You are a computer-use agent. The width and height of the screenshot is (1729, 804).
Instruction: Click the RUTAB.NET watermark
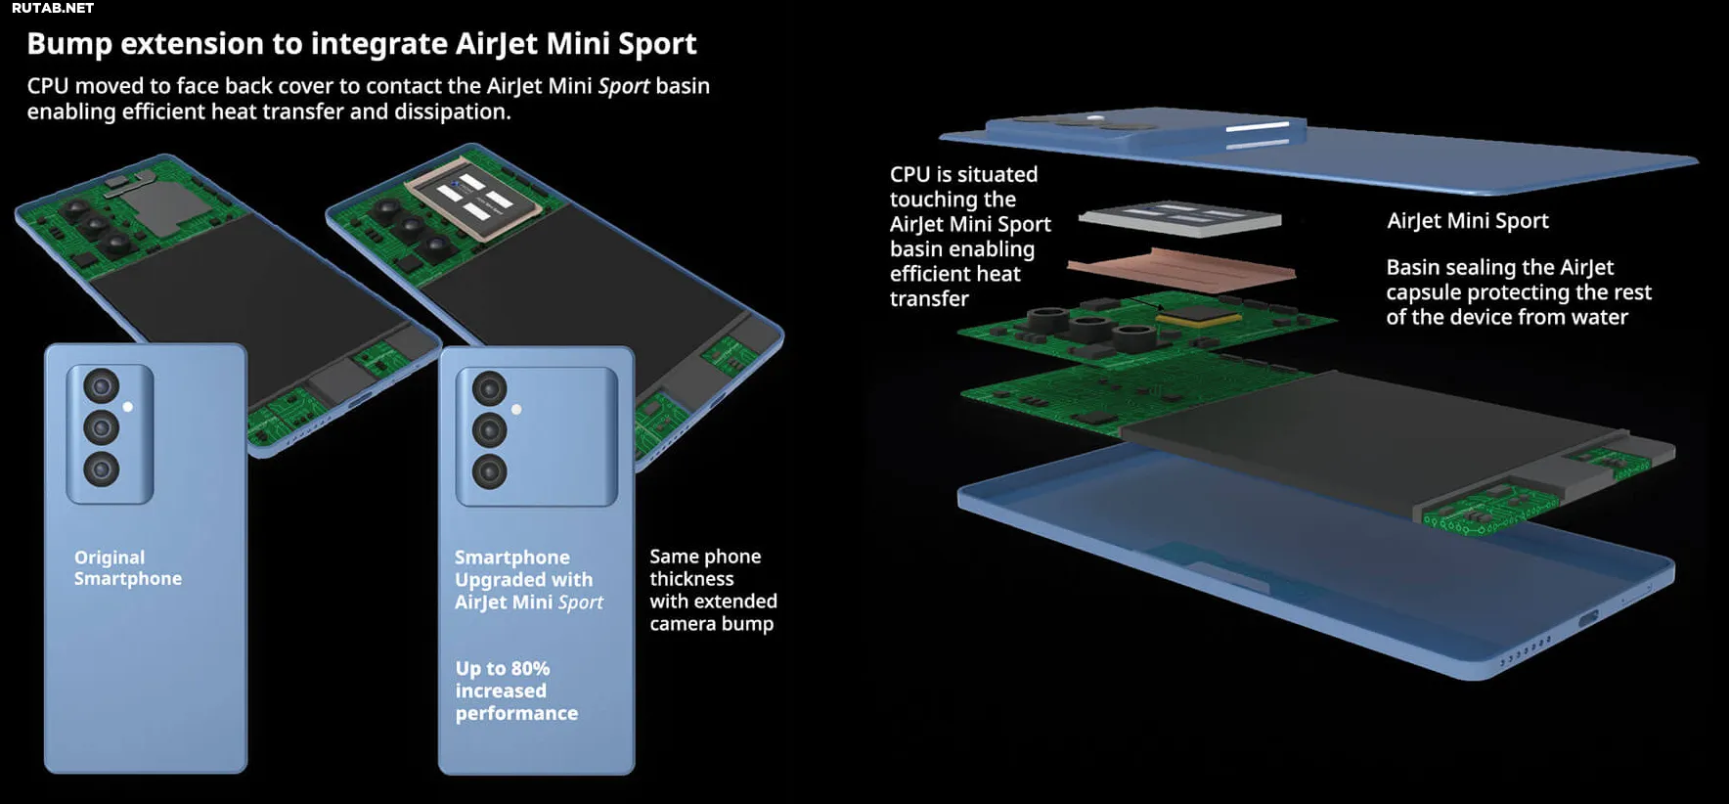click(53, 8)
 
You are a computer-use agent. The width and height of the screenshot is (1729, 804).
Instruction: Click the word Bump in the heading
click(69, 44)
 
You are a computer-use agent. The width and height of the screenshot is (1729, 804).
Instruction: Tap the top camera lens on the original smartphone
click(101, 386)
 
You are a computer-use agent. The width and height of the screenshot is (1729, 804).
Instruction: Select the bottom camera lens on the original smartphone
click(101, 469)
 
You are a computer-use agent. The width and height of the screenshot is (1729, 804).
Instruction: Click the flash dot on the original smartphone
click(128, 407)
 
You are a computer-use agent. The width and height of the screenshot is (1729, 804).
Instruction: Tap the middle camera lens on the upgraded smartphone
click(489, 430)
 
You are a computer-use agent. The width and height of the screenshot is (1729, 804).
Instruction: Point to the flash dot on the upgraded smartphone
click(516, 410)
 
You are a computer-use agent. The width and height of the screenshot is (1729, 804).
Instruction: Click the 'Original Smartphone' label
click(127, 568)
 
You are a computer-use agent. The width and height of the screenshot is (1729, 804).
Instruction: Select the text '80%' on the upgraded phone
click(530, 669)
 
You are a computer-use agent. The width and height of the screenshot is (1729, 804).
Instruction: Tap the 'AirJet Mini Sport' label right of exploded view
click(1467, 221)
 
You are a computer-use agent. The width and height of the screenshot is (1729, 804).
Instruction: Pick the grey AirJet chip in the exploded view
click(1180, 218)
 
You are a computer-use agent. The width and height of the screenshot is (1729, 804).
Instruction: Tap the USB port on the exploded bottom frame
click(1587, 618)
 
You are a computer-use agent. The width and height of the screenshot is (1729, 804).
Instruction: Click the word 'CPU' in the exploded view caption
click(909, 175)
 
